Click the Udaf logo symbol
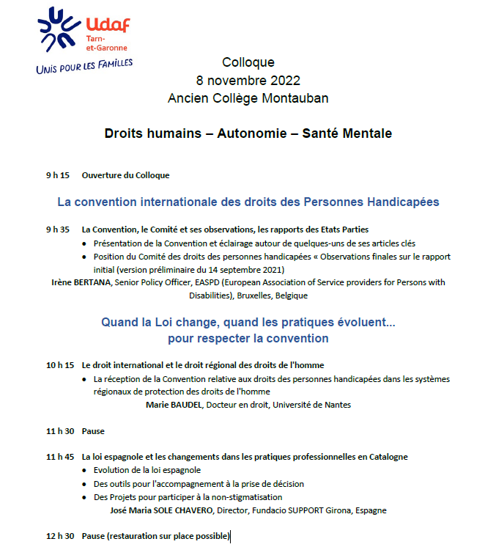(x=61, y=30)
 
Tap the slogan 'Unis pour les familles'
(x=84, y=66)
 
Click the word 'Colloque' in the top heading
(x=248, y=62)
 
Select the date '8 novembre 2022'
(x=248, y=80)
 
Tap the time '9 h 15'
(x=57, y=175)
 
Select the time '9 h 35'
(x=57, y=230)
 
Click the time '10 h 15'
(x=60, y=364)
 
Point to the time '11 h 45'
(x=60, y=457)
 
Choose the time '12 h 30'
(x=60, y=537)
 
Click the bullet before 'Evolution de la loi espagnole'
(x=86, y=471)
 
